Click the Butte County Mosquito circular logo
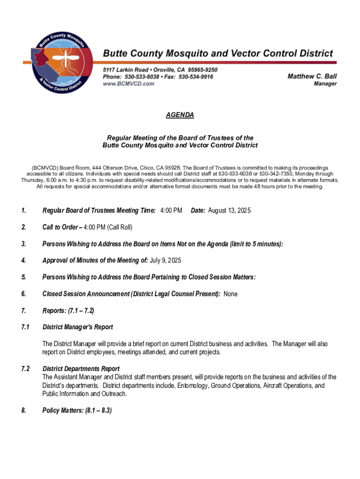coord(59,64)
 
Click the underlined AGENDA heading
coord(180,115)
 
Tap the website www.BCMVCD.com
coord(129,84)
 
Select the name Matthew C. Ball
coord(312,76)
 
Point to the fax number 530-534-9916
coord(196,77)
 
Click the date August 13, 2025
coord(229,210)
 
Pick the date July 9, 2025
coord(166,260)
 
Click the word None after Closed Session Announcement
coord(231,294)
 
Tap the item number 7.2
coord(25,369)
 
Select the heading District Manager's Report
coord(78,327)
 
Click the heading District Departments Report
coord(81,369)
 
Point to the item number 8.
coord(23,410)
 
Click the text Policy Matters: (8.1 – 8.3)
coord(77,410)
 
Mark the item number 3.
coord(23,244)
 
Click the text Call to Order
coord(60,227)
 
